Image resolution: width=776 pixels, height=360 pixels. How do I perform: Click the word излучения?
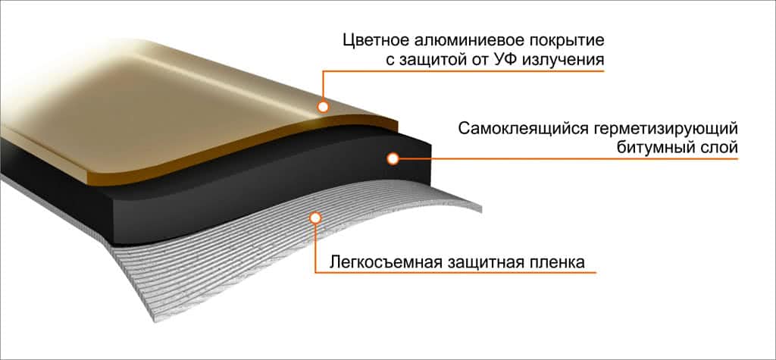568,59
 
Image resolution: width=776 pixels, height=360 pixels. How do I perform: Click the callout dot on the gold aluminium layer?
324,108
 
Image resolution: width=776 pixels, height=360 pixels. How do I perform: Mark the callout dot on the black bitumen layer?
393,158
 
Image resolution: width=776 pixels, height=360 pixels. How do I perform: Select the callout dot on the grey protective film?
315,218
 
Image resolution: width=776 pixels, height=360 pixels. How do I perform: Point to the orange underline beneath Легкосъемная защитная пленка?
455,272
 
